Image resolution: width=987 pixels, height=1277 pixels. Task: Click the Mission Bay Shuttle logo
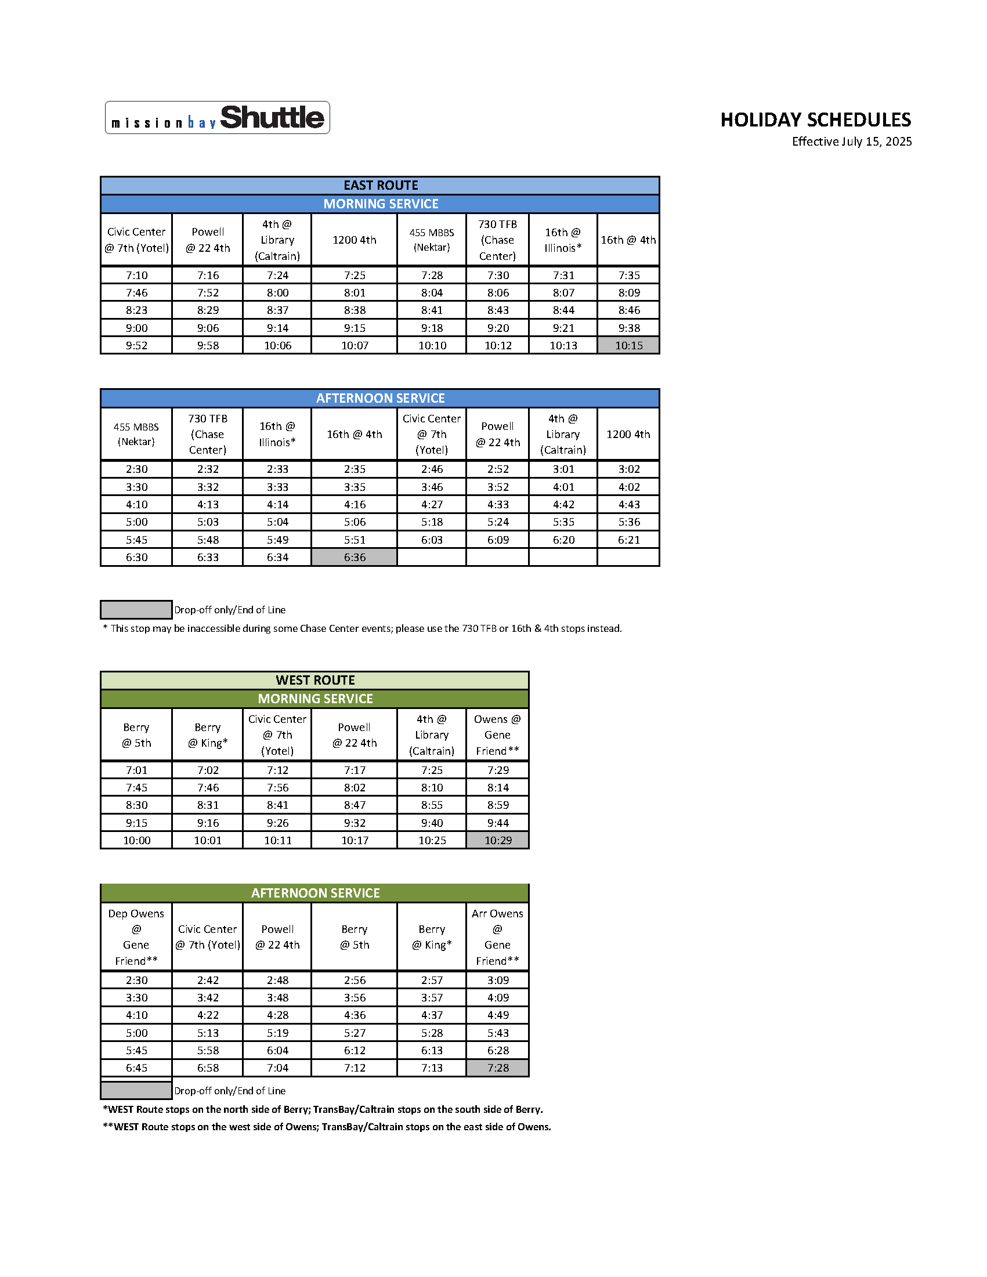pyautogui.click(x=217, y=118)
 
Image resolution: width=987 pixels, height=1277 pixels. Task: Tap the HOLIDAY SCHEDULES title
pyautogui.click(x=815, y=120)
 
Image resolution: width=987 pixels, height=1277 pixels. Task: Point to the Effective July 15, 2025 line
pyautogui.click(x=851, y=142)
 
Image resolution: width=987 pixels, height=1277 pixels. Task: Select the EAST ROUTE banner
pyautogui.click(x=380, y=185)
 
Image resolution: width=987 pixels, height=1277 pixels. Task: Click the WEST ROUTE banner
pyautogui.click(x=314, y=680)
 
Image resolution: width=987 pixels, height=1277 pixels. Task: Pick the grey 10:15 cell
pyautogui.click(x=628, y=346)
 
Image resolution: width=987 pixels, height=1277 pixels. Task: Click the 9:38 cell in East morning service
pyautogui.click(x=628, y=328)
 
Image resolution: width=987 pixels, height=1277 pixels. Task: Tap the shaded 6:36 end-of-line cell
pyautogui.click(x=355, y=557)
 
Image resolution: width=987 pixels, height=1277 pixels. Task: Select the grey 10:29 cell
pyautogui.click(x=498, y=840)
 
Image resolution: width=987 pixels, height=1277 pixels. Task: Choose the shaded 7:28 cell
pyautogui.click(x=498, y=1068)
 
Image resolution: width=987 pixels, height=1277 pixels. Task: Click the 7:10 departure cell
pyautogui.click(x=136, y=275)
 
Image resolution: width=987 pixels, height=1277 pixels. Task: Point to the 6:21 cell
pyautogui.click(x=628, y=540)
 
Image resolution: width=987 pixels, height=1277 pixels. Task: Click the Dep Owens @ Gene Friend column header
pyautogui.click(x=136, y=936)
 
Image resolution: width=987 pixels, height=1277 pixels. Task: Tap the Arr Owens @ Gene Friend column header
pyautogui.click(x=498, y=936)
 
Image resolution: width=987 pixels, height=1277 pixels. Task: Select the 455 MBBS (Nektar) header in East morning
pyautogui.click(x=432, y=240)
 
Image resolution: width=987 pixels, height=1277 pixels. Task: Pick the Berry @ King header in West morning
pyautogui.click(x=208, y=735)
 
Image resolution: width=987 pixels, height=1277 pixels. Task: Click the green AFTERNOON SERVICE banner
pyautogui.click(x=314, y=893)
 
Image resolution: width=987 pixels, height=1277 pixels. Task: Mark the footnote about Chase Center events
pyautogui.click(x=362, y=628)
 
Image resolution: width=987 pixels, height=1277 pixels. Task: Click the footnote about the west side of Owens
pyautogui.click(x=327, y=1127)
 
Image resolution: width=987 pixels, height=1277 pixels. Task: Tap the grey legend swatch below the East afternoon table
pyautogui.click(x=136, y=610)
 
